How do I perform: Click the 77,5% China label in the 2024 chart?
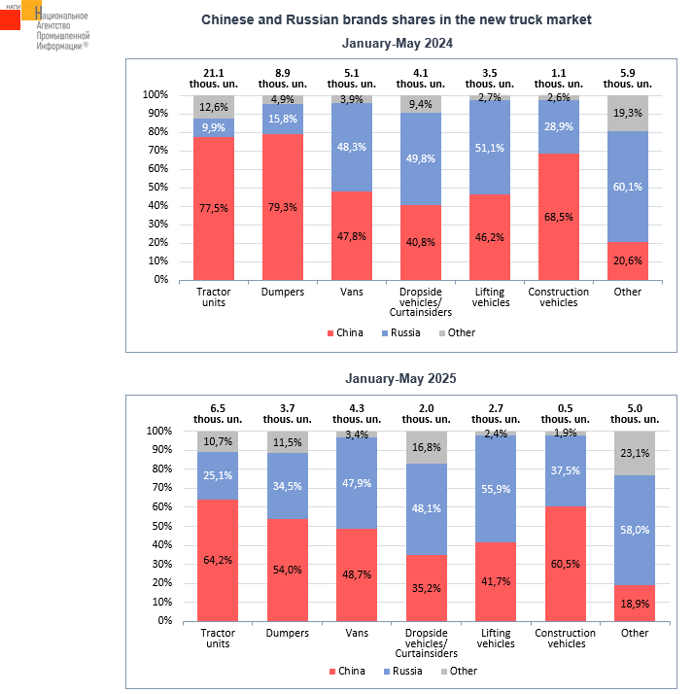coord(212,208)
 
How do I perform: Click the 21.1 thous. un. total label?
coord(212,79)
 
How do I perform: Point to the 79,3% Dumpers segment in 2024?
coord(283,206)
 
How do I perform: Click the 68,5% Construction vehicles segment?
coord(558,216)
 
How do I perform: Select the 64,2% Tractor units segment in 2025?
coord(218,560)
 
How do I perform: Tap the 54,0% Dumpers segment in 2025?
coord(287,569)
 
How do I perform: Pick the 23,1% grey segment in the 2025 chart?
coord(635,452)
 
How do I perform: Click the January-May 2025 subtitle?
coord(398,379)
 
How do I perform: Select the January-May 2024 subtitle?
coord(398,44)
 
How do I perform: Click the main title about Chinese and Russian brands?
coord(397,19)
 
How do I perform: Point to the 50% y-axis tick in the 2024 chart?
coord(156,188)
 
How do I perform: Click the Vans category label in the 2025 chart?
coord(356,634)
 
